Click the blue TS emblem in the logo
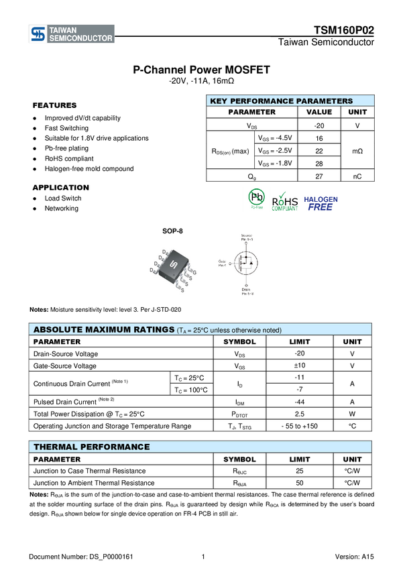click(38, 34)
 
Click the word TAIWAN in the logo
click(64, 30)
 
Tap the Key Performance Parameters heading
click(281, 101)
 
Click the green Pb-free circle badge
click(256, 197)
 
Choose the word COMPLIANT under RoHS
click(285, 209)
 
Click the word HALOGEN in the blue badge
click(321, 199)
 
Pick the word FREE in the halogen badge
click(321, 207)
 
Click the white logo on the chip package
click(172, 266)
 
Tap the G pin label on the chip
click(194, 272)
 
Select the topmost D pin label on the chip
click(164, 251)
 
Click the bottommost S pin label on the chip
click(182, 290)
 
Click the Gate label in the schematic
click(223, 262)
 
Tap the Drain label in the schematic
click(247, 291)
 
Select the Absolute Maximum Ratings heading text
click(103, 330)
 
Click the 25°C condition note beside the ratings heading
click(229, 331)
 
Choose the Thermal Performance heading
click(92, 447)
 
